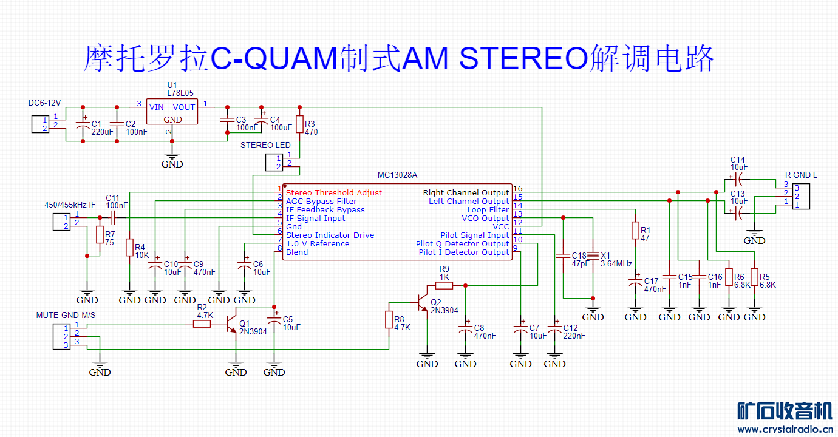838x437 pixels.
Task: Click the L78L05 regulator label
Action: point(180,93)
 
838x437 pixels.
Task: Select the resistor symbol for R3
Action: point(299,124)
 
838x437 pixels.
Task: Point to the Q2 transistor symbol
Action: point(423,302)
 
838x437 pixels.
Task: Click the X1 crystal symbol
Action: point(593,256)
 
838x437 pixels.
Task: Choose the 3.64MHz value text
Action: point(616,264)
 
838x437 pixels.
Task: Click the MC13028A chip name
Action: point(397,175)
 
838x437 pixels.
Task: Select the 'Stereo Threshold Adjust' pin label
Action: point(334,193)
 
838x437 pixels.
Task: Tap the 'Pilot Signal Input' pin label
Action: point(474,235)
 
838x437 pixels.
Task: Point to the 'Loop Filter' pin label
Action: point(488,210)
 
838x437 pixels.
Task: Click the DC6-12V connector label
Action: point(45,103)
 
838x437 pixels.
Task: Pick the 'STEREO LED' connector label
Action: point(265,146)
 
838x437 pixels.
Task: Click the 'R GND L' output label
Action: point(801,175)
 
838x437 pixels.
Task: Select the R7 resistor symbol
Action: point(100,235)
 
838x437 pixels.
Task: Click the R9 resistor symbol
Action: point(445,285)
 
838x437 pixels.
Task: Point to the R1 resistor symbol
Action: point(635,231)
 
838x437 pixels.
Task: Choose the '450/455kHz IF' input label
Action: point(70,205)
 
